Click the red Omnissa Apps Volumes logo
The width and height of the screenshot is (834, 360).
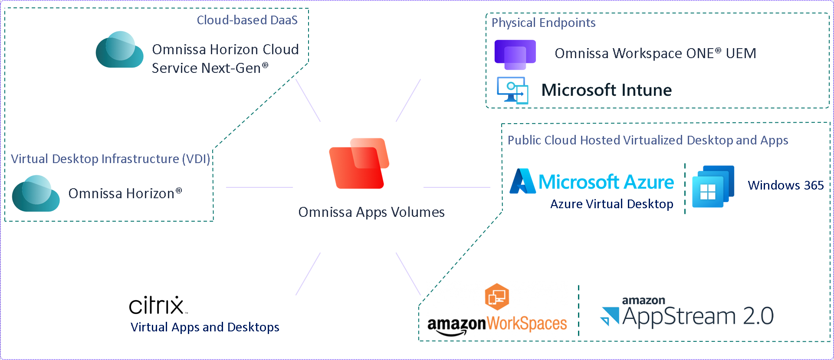click(359, 164)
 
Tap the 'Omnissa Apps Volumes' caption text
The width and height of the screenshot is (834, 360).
click(371, 212)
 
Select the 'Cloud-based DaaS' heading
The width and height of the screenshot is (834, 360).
click(247, 20)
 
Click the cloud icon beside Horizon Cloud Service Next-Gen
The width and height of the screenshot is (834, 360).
click(120, 50)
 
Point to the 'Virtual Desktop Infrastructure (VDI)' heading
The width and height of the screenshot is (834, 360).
click(110, 159)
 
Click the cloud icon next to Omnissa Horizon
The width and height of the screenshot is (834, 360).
click(36, 193)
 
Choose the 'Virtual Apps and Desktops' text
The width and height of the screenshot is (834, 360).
click(205, 327)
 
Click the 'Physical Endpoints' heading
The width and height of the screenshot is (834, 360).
click(543, 23)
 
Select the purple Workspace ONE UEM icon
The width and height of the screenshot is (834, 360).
click(515, 55)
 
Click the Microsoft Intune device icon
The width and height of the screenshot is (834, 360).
click(512, 90)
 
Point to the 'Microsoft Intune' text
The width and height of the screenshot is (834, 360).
click(606, 90)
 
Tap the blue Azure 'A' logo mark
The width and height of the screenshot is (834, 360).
click(522, 181)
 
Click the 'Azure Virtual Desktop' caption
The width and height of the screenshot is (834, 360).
click(611, 204)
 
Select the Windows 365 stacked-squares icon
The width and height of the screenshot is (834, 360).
click(713, 187)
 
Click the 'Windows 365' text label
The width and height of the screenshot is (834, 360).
click(785, 185)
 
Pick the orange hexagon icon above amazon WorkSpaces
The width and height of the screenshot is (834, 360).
click(497, 297)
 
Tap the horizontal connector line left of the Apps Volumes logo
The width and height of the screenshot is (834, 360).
click(259, 187)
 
